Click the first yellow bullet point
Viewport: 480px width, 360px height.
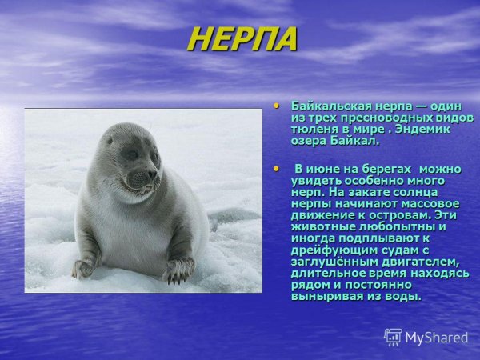tap(277, 104)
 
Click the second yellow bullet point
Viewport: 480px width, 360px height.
tap(277, 168)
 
